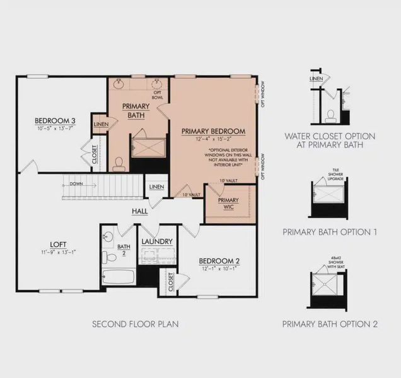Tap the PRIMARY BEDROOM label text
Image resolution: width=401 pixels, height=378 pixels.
[213, 131]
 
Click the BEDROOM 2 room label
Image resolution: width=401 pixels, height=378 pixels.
[219, 261]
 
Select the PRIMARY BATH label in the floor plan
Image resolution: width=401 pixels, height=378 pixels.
[136, 110]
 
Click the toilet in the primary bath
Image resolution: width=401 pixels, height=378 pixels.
[118, 165]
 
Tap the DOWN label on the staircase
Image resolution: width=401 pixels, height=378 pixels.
[78, 185]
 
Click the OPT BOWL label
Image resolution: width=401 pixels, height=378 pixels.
[158, 96]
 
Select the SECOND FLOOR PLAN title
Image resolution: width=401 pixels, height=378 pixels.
[136, 324]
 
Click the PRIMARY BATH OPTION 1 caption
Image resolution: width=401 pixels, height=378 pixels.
[330, 232]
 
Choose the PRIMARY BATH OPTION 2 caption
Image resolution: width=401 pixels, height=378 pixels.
[330, 324]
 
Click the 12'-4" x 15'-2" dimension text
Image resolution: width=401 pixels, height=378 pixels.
[213, 139]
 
